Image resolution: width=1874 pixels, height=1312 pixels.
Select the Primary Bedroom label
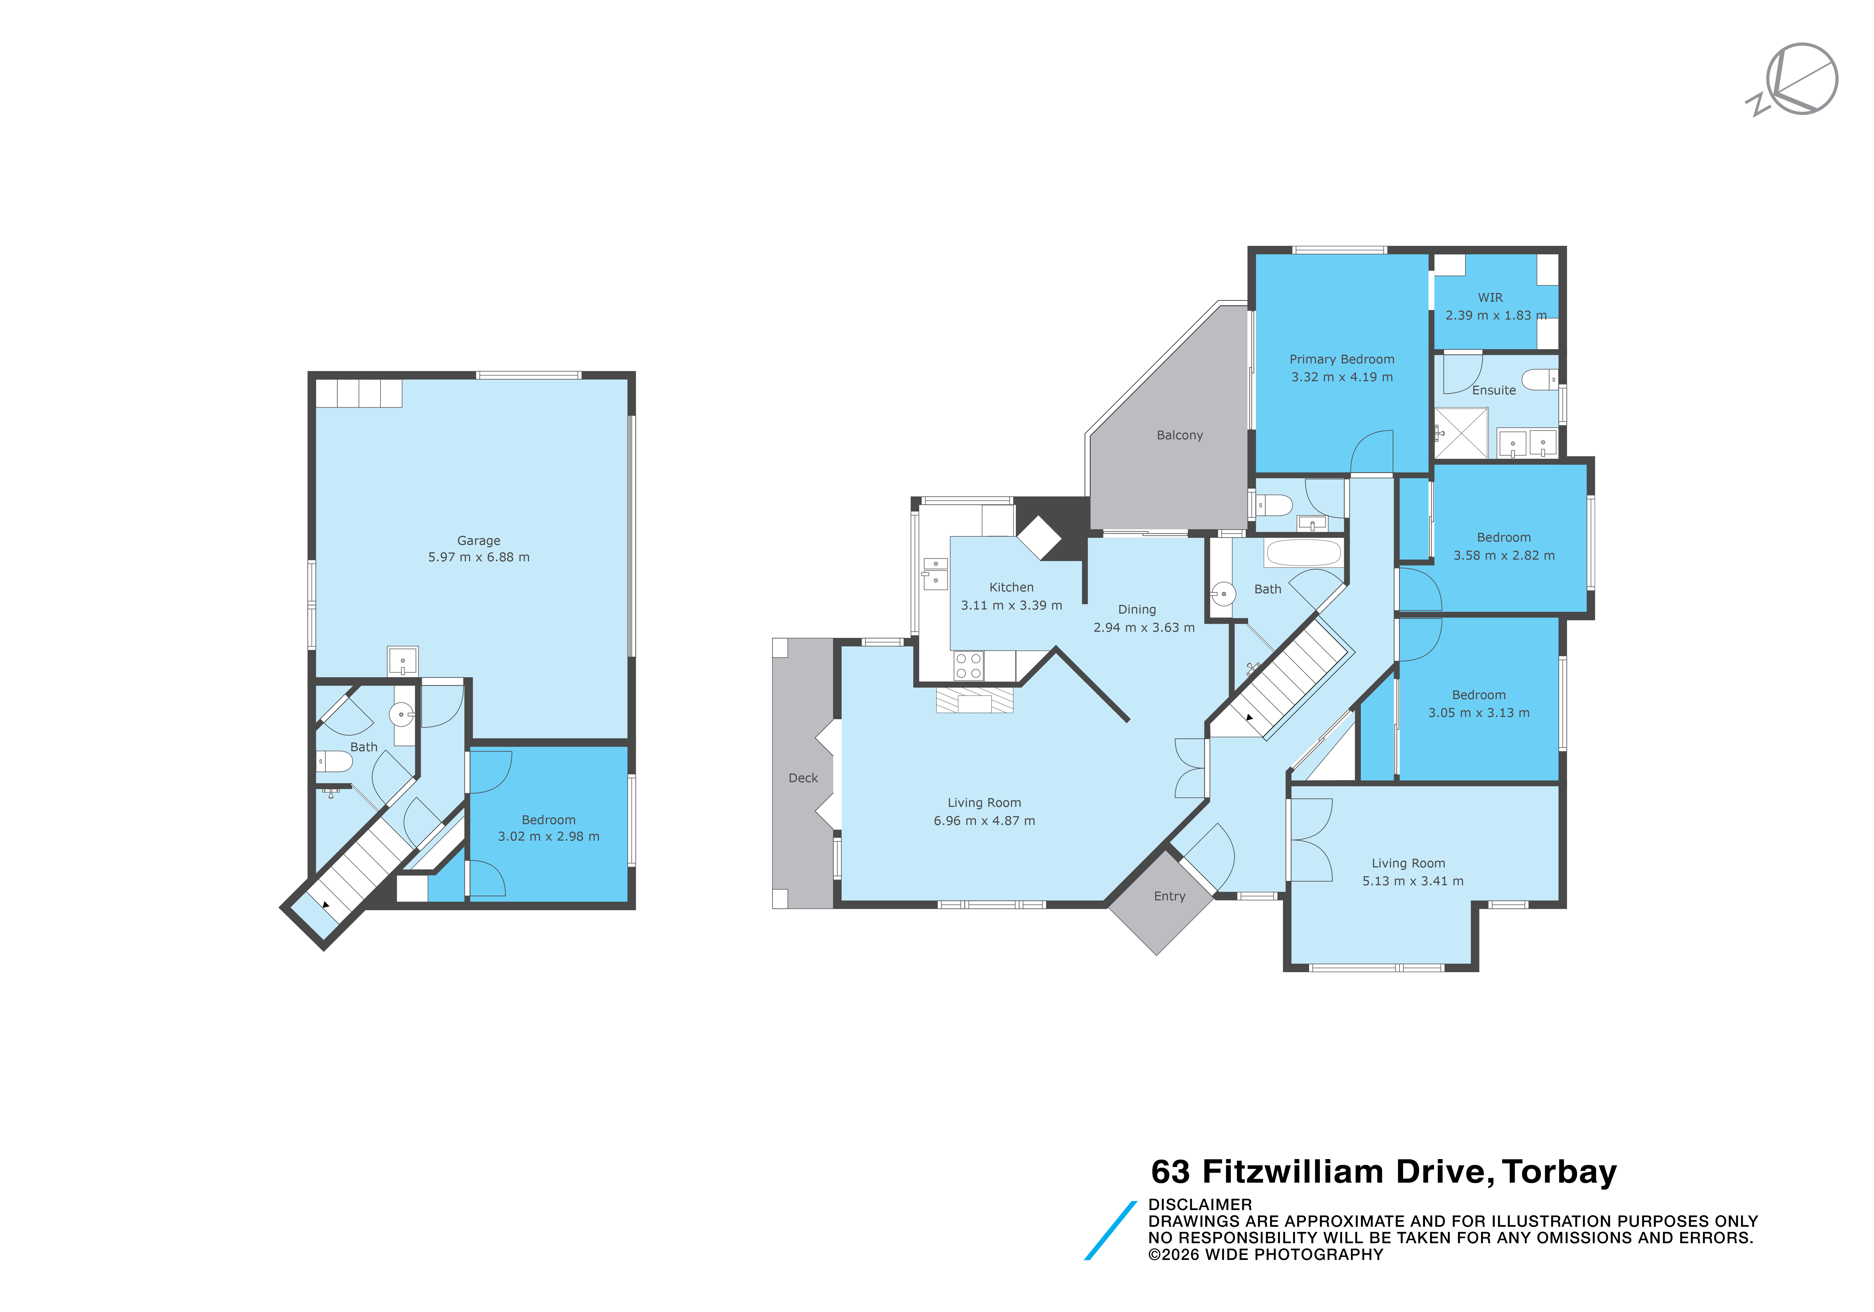1342,359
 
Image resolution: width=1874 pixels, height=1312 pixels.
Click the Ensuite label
1494,390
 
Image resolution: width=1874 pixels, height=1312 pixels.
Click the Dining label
1137,609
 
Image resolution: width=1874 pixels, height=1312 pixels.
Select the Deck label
803,778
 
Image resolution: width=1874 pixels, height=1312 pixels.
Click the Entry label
1170,897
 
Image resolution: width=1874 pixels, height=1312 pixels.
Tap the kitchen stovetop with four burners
969,666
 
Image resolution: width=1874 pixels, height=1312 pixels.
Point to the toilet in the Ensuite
1539,380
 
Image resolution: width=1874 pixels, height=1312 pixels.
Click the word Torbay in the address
1560,1172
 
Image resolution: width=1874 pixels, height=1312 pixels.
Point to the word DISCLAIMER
1200,1204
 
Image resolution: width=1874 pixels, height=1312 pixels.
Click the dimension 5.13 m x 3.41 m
1413,881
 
